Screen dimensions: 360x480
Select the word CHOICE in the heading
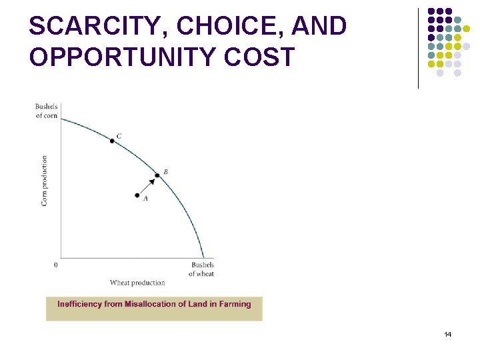pos(209,26)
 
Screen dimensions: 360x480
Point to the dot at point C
pos(112,141)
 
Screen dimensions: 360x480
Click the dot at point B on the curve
pos(157,175)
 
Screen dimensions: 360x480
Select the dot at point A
pos(137,196)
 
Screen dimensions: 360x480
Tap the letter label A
pos(145,199)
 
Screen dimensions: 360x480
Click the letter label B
pos(165,172)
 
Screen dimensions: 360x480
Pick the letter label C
pos(119,137)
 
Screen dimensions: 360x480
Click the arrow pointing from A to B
pos(148,185)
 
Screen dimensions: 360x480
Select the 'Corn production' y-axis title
pos(45,180)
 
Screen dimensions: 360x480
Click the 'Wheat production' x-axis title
pos(137,283)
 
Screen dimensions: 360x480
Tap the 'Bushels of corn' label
pos(47,111)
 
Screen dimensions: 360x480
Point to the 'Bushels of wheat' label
pos(201,269)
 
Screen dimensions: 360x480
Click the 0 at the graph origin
pos(55,265)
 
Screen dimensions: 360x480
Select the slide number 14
pos(447,334)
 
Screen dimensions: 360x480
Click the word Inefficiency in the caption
pos(80,304)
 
